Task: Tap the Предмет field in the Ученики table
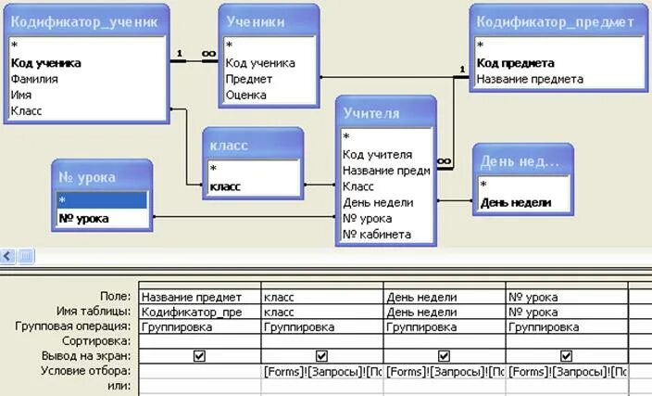click(x=249, y=79)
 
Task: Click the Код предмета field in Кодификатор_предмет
click(x=516, y=63)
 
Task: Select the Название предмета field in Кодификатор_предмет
click(x=530, y=79)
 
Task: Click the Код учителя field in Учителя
click(x=377, y=155)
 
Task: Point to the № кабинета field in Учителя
click(x=376, y=235)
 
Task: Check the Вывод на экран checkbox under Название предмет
click(x=200, y=356)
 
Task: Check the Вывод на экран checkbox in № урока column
click(x=566, y=356)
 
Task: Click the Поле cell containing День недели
click(x=444, y=297)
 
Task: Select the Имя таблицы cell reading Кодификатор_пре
click(x=199, y=312)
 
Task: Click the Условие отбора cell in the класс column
click(x=321, y=371)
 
